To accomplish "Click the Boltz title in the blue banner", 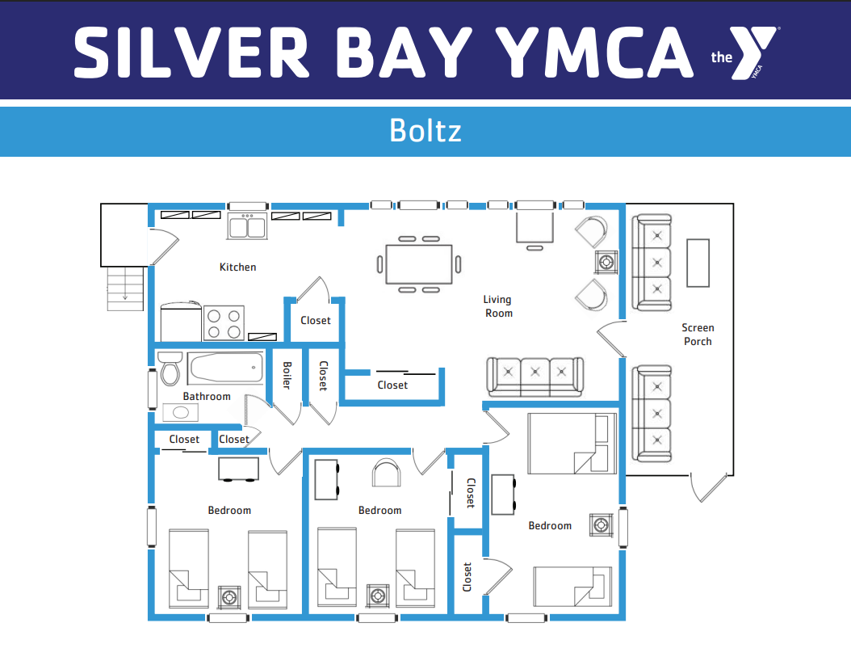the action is (x=425, y=130).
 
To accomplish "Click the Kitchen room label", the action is (x=237, y=267).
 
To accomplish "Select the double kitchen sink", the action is (x=248, y=225).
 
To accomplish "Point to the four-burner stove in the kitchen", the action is (x=224, y=324).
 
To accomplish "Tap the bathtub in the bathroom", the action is (x=226, y=368).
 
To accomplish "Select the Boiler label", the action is (x=287, y=375).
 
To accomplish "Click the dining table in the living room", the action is (x=419, y=264).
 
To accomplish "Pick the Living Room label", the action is (x=498, y=306).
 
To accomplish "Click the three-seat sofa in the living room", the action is (x=535, y=377).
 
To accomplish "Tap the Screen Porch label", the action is (x=698, y=335).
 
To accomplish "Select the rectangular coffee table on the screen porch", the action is (x=698, y=263).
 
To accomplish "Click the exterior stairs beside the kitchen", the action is (x=125, y=289).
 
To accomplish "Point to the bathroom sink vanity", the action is (x=180, y=413).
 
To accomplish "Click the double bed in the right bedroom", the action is (x=572, y=443).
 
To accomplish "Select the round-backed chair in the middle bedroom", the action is (x=387, y=473).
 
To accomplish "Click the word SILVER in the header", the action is (x=191, y=53).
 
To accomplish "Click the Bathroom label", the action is (x=207, y=397).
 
